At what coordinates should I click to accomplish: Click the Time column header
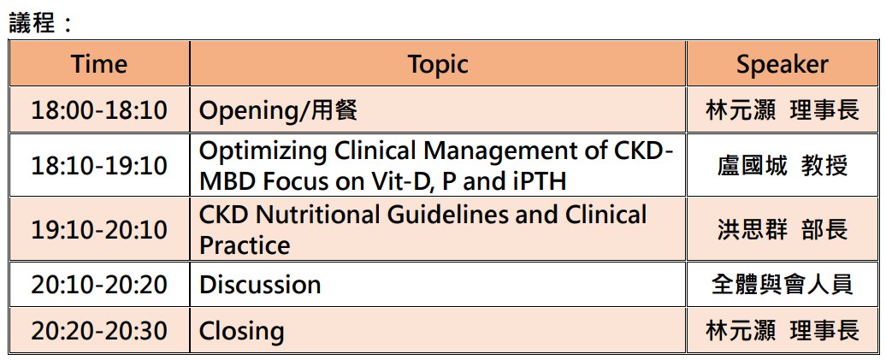click(x=99, y=64)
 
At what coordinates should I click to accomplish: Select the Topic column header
click(x=438, y=64)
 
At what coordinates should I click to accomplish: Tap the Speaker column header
click(x=782, y=64)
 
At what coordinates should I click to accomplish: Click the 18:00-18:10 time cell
click(x=99, y=110)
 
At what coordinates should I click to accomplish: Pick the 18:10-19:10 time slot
click(x=99, y=166)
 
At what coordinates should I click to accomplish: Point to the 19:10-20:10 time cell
click(x=99, y=230)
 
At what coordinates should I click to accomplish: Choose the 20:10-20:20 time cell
click(x=99, y=285)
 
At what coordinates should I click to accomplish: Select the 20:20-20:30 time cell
click(x=99, y=331)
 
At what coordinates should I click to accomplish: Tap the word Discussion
click(x=260, y=284)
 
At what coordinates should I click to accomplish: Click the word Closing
click(x=241, y=332)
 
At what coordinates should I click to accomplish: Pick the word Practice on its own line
click(x=245, y=245)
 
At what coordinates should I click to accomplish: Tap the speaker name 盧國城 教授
click(x=783, y=166)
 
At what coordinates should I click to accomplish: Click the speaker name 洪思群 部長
click(x=783, y=230)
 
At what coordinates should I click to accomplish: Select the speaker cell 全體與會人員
click(x=783, y=285)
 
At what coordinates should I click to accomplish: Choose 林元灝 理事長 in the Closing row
click(x=783, y=331)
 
